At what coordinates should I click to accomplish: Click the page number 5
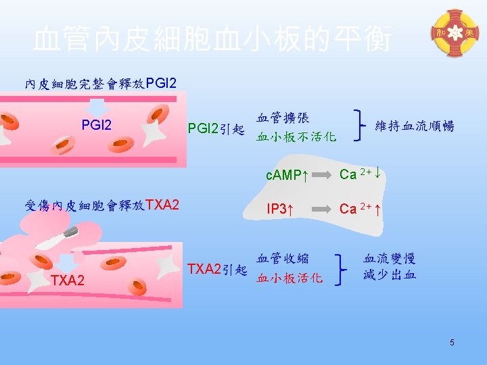click(452, 343)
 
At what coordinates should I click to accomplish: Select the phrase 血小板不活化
click(296, 137)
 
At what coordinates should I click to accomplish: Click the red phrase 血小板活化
click(289, 278)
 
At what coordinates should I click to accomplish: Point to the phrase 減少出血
click(389, 275)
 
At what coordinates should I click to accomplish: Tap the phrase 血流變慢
click(389, 258)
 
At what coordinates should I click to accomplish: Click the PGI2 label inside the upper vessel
click(97, 125)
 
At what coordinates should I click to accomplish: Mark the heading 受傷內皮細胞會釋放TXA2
click(102, 205)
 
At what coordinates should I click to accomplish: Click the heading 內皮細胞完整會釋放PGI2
click(101, 84)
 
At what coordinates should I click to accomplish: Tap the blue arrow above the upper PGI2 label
click(97, 107)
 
